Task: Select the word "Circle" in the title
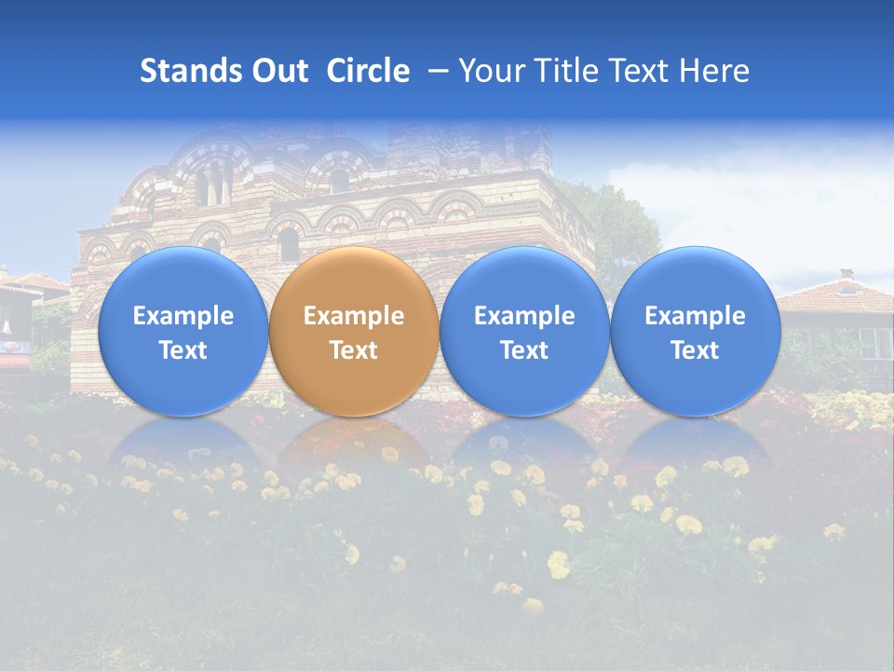tap(368, 71)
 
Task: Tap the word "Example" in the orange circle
tap(354, 316)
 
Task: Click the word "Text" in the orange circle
tap(354, 350)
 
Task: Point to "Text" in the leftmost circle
tap(183, 350)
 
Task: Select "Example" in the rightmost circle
tap(695, 316)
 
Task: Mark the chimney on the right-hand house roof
tap(846, 275)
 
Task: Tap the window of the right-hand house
tap(874, 341)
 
